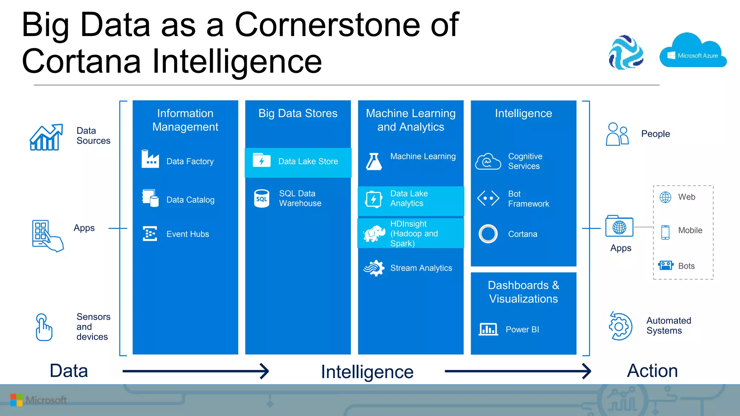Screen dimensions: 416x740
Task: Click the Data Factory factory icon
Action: [x=150, y=159]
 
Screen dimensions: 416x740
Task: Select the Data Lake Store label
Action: [x=308, y=161]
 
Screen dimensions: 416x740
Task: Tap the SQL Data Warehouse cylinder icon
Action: [x=262, y=199]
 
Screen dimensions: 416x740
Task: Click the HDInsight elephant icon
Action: [x=374, y=234]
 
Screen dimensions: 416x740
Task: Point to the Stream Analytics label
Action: [x=421, y=268]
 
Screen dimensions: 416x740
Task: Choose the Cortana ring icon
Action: [x=488, y=234]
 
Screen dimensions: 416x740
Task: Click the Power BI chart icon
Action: [x=488, y=329]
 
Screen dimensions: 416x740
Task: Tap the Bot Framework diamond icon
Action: [x=488, y=198]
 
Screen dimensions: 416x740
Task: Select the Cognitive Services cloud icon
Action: [x=488, y=161]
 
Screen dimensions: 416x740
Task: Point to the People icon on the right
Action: [x=617, y=134]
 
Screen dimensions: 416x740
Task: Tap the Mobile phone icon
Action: [x=665, y=232]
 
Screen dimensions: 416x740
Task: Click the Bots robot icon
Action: [x=665, y=265]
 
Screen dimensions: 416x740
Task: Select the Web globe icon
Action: [x=665, y=197]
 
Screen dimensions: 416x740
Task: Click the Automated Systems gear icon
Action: [x=620, y=326]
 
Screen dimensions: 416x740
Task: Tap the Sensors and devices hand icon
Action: [x=44, y=327]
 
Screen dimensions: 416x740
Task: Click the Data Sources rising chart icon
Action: [x=46, y=137]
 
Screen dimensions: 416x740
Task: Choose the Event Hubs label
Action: [x=188, y=234]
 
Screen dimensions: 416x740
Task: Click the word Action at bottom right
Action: [x=652, y=371]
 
